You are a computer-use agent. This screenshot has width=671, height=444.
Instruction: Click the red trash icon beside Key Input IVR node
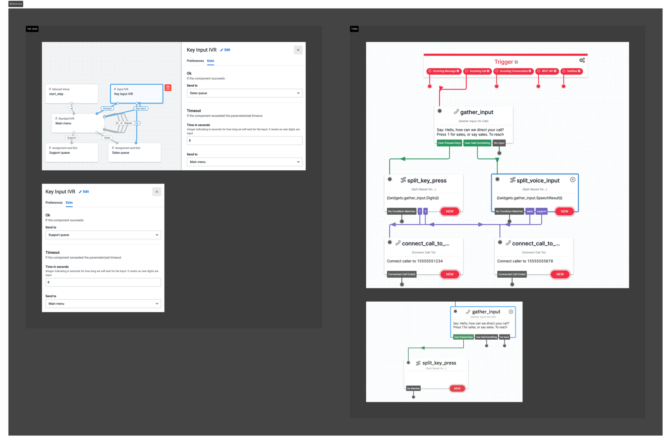[x=168, y=88]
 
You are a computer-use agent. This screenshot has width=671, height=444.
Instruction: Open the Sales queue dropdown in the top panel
[x=244, y=93]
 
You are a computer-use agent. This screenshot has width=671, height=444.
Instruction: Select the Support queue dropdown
[x=103, y=235]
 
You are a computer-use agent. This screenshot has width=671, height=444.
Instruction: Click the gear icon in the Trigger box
[x=582, y=60]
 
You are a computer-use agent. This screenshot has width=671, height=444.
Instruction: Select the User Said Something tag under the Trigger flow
[x=477, y=143]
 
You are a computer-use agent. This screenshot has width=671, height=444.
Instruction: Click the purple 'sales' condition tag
[x=530, y=211]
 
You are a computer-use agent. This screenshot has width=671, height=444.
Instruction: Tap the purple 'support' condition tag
[x=541, y=211]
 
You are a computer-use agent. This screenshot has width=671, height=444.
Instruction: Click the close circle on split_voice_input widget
[x=573, y=180]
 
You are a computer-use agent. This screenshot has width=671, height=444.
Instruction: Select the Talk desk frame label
[x=32, y=29]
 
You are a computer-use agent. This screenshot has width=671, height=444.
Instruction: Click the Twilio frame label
[x=354, y=29]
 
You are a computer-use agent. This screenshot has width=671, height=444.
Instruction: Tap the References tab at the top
[x=16, y=4]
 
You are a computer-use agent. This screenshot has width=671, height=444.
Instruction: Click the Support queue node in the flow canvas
[x=71, y=152]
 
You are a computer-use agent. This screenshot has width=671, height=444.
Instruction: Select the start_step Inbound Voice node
[x=71, y=94]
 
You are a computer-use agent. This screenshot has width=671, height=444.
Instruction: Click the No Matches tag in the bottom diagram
[x=413, y=388]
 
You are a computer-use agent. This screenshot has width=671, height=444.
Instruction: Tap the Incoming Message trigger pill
[x=444, y=71]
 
